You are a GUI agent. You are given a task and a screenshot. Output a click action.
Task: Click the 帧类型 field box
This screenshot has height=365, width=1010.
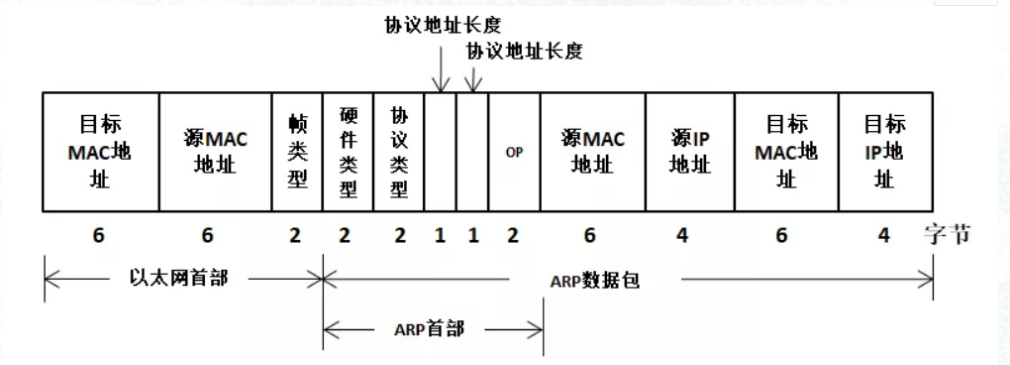pyautogui.click(x=297, y=152)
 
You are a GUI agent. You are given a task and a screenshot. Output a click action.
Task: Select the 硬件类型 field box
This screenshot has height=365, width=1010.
pyautogui.click(x=349, y=152)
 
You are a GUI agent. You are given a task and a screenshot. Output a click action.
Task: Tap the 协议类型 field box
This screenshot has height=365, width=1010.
pyautogui.click(x=399, y=152)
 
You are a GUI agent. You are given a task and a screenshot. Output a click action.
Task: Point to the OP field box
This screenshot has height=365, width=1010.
pyautogui.click(x=514, y=152)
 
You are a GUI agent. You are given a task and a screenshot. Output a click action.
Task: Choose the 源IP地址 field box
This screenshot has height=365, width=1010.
pyautogui.click(x=690, y=152)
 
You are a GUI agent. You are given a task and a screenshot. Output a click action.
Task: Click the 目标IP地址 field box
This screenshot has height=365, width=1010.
pyautogui.click(x=884, y=152)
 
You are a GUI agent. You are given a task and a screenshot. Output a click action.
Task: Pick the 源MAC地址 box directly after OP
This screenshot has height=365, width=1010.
pyautogui.click(x=593, y=152)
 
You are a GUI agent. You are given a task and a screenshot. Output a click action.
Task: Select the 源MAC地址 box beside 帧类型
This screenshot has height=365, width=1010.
pyautogui.click(x=216, y=152)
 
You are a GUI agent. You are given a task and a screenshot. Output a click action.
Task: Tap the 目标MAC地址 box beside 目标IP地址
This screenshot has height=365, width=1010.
pyautogui.click(x=786, y=152)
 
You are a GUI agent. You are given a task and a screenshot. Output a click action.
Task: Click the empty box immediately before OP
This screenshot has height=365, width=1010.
pyautogui.click(x=472, y=152)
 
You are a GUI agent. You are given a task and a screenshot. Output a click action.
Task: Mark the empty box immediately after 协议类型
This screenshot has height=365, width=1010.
pyautogui.click(x=440, y=152)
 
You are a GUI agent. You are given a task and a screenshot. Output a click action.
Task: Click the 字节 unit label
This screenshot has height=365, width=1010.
pyautogui.click(x=948, y=235)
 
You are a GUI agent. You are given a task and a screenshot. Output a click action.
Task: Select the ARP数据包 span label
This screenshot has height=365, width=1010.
pyautogui.click(x=594, y=280)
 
